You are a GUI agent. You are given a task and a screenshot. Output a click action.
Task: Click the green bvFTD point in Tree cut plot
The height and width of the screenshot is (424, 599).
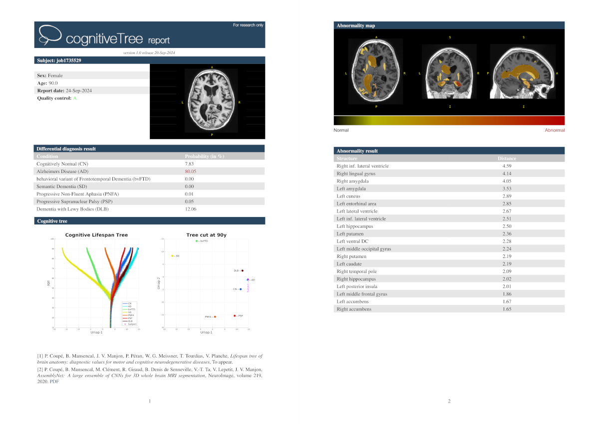pyautogui.click(x=197, y=241)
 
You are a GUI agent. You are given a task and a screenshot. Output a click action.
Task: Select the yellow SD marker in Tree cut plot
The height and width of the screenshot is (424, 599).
pyautogui.click(x=172, y=256)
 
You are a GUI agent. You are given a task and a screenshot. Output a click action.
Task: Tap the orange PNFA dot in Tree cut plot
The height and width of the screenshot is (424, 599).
pyautogui.click(x=215, y=317)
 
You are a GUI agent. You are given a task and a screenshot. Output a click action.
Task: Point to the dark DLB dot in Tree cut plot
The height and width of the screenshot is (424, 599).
pyautogui.click(x=242, y=270)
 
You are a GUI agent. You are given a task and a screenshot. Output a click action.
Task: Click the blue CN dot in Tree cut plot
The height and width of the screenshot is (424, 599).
pyautogui.click(x=241, y=289)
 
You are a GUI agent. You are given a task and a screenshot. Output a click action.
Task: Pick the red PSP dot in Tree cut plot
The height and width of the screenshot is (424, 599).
pyautogui.click(x=235, y=315)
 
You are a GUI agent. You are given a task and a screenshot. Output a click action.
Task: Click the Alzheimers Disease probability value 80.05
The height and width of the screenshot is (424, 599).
pyautogui.click(x=191, y=171)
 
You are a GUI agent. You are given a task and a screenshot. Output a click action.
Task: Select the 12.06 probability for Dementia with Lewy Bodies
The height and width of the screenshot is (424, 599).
pyautogui.click(x=191, y=209)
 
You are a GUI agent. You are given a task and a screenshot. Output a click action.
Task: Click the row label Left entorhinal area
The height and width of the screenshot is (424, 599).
pyautogui.click(x=356, y=203)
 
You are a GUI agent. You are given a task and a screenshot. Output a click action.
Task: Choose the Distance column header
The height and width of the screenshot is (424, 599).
pyautogui.click(x=507, y=158)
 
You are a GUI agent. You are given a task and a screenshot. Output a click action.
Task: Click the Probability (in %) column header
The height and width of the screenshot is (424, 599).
pyautogui.click(x=204, y=156)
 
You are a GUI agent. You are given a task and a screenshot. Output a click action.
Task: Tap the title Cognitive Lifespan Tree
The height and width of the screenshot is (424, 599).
pyautogui.click(x=96, y=235)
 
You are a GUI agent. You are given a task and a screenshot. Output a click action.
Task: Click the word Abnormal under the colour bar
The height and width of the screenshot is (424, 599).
pyautogui.click(x=555, y=130)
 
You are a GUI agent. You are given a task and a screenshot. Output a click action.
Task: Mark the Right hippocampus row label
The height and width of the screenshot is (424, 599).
pyautogui.click(x=356, y=279)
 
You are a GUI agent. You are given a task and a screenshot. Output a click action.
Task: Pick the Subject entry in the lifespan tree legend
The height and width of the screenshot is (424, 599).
pyautogui.click(x=131, y=324)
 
